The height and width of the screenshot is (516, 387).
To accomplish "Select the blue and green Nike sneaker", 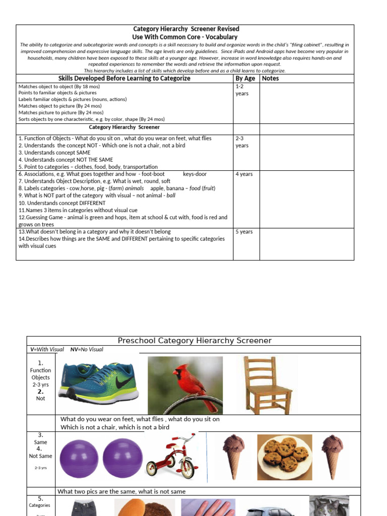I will (98, 382).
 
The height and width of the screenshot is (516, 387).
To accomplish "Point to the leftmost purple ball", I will (79, 457).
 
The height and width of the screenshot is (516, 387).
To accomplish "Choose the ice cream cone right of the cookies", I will (333, 456).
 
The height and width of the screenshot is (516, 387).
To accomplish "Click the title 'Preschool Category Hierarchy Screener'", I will (194, 341).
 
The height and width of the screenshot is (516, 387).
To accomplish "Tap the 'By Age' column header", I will (245, 79).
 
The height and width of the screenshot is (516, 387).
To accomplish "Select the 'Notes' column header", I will (270, 79).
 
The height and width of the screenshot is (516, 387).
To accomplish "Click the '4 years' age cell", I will (244, 174).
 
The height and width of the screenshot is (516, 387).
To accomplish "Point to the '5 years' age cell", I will (244, 232).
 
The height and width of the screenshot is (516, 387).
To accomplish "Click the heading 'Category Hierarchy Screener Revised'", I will (186, 29).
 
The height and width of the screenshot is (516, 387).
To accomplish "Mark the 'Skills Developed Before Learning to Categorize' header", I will (124, 79).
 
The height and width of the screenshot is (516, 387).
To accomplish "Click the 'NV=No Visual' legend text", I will (87, 349).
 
